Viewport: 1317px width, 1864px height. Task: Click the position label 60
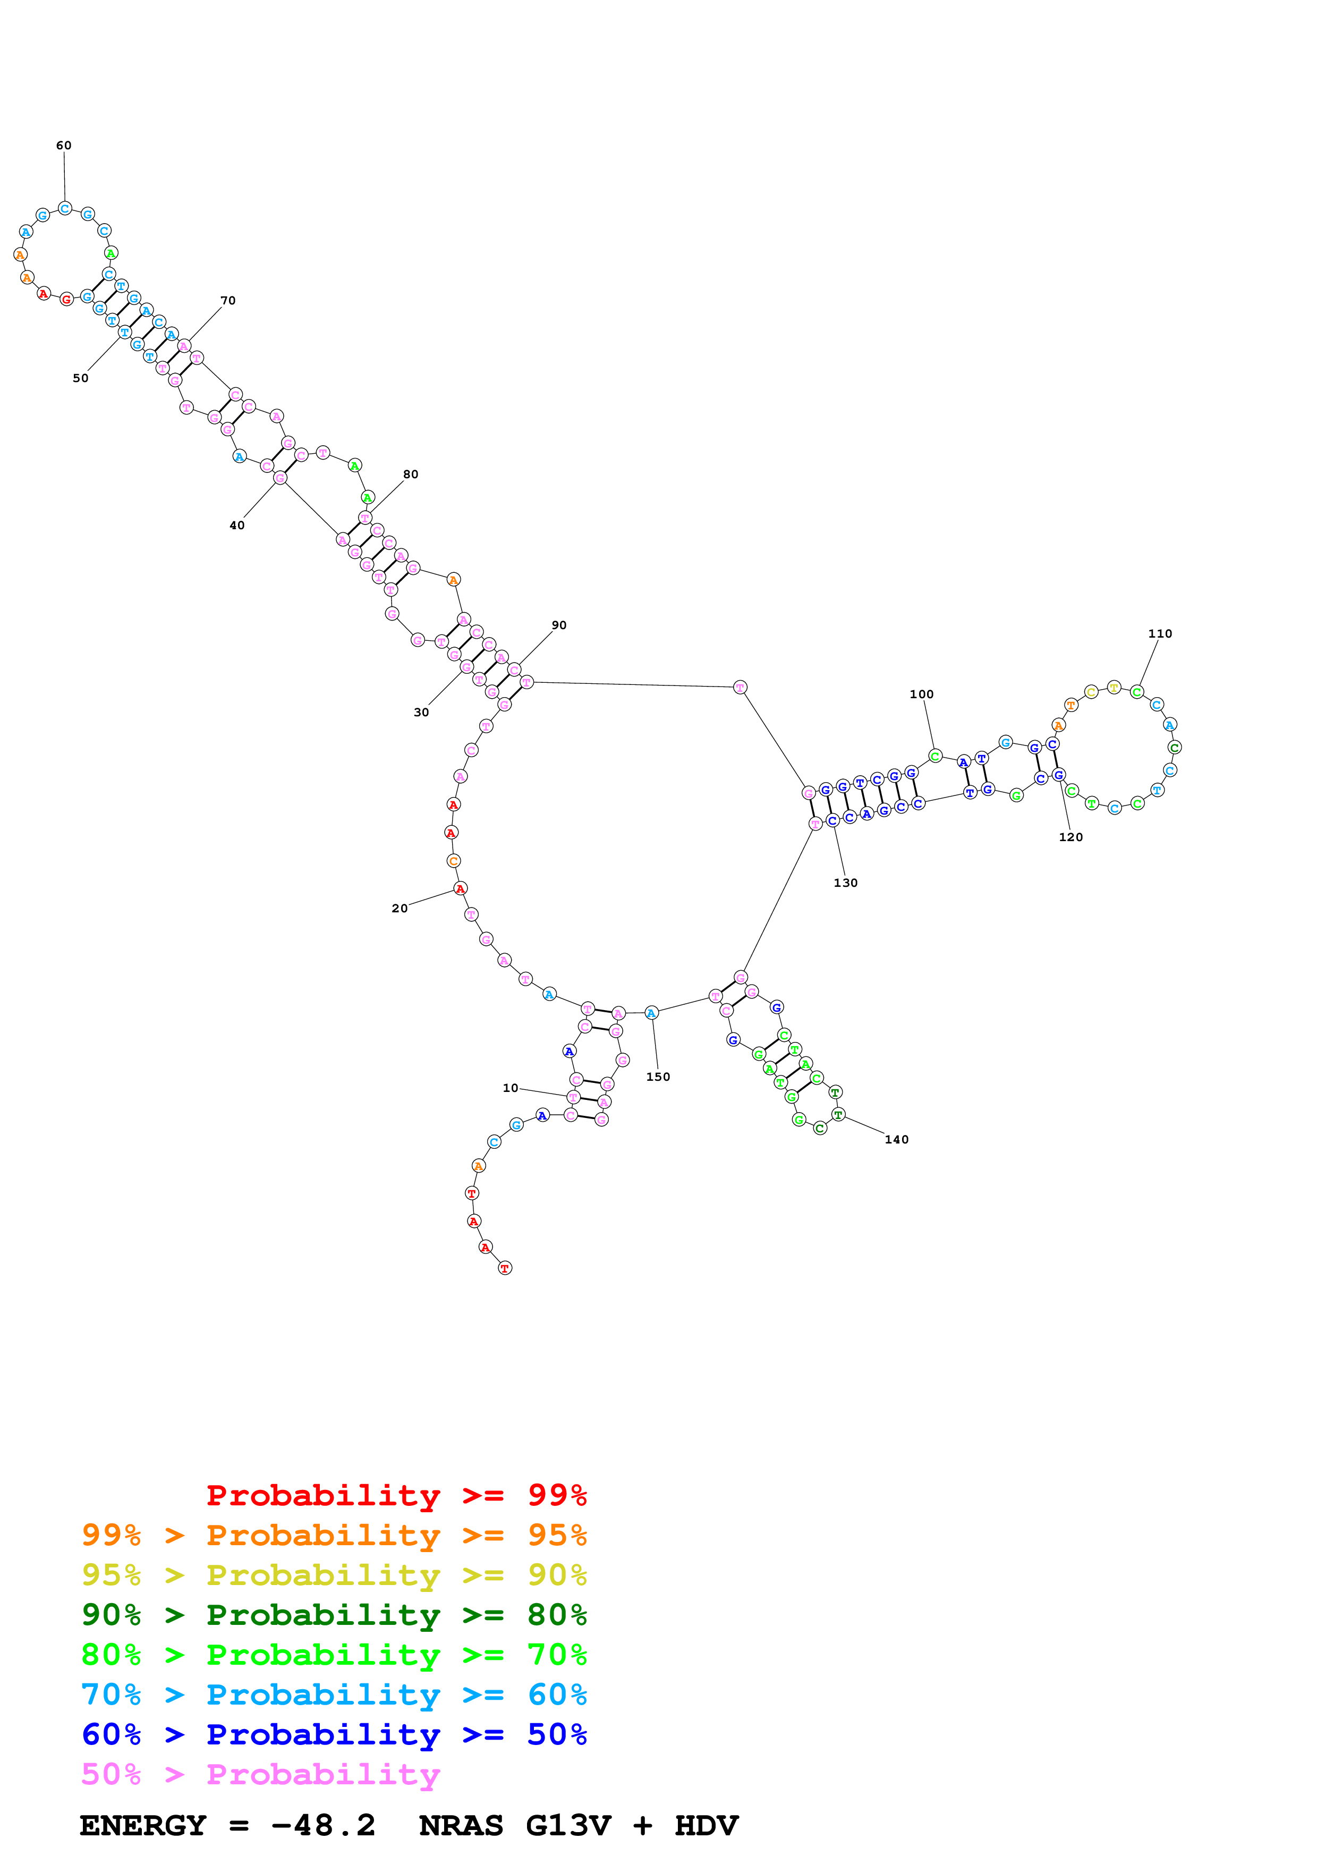63,145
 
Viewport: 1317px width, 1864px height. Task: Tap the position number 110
1160,633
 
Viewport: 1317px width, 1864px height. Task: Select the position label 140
896,1139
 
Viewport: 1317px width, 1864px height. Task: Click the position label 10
509,1088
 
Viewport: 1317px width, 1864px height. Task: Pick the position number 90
559,625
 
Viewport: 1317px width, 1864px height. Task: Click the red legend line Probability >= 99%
396,1495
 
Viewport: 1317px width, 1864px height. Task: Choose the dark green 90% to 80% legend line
334,1615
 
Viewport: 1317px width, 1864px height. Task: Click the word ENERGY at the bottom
143,1826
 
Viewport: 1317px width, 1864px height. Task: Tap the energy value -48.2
323,1826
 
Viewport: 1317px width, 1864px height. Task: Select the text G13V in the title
568,1826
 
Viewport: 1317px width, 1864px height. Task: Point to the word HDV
706,1826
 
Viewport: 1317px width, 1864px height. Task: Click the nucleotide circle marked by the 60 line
65,209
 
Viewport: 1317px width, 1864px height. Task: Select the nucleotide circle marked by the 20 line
460,888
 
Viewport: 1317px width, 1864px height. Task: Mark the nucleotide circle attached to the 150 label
651,1012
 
